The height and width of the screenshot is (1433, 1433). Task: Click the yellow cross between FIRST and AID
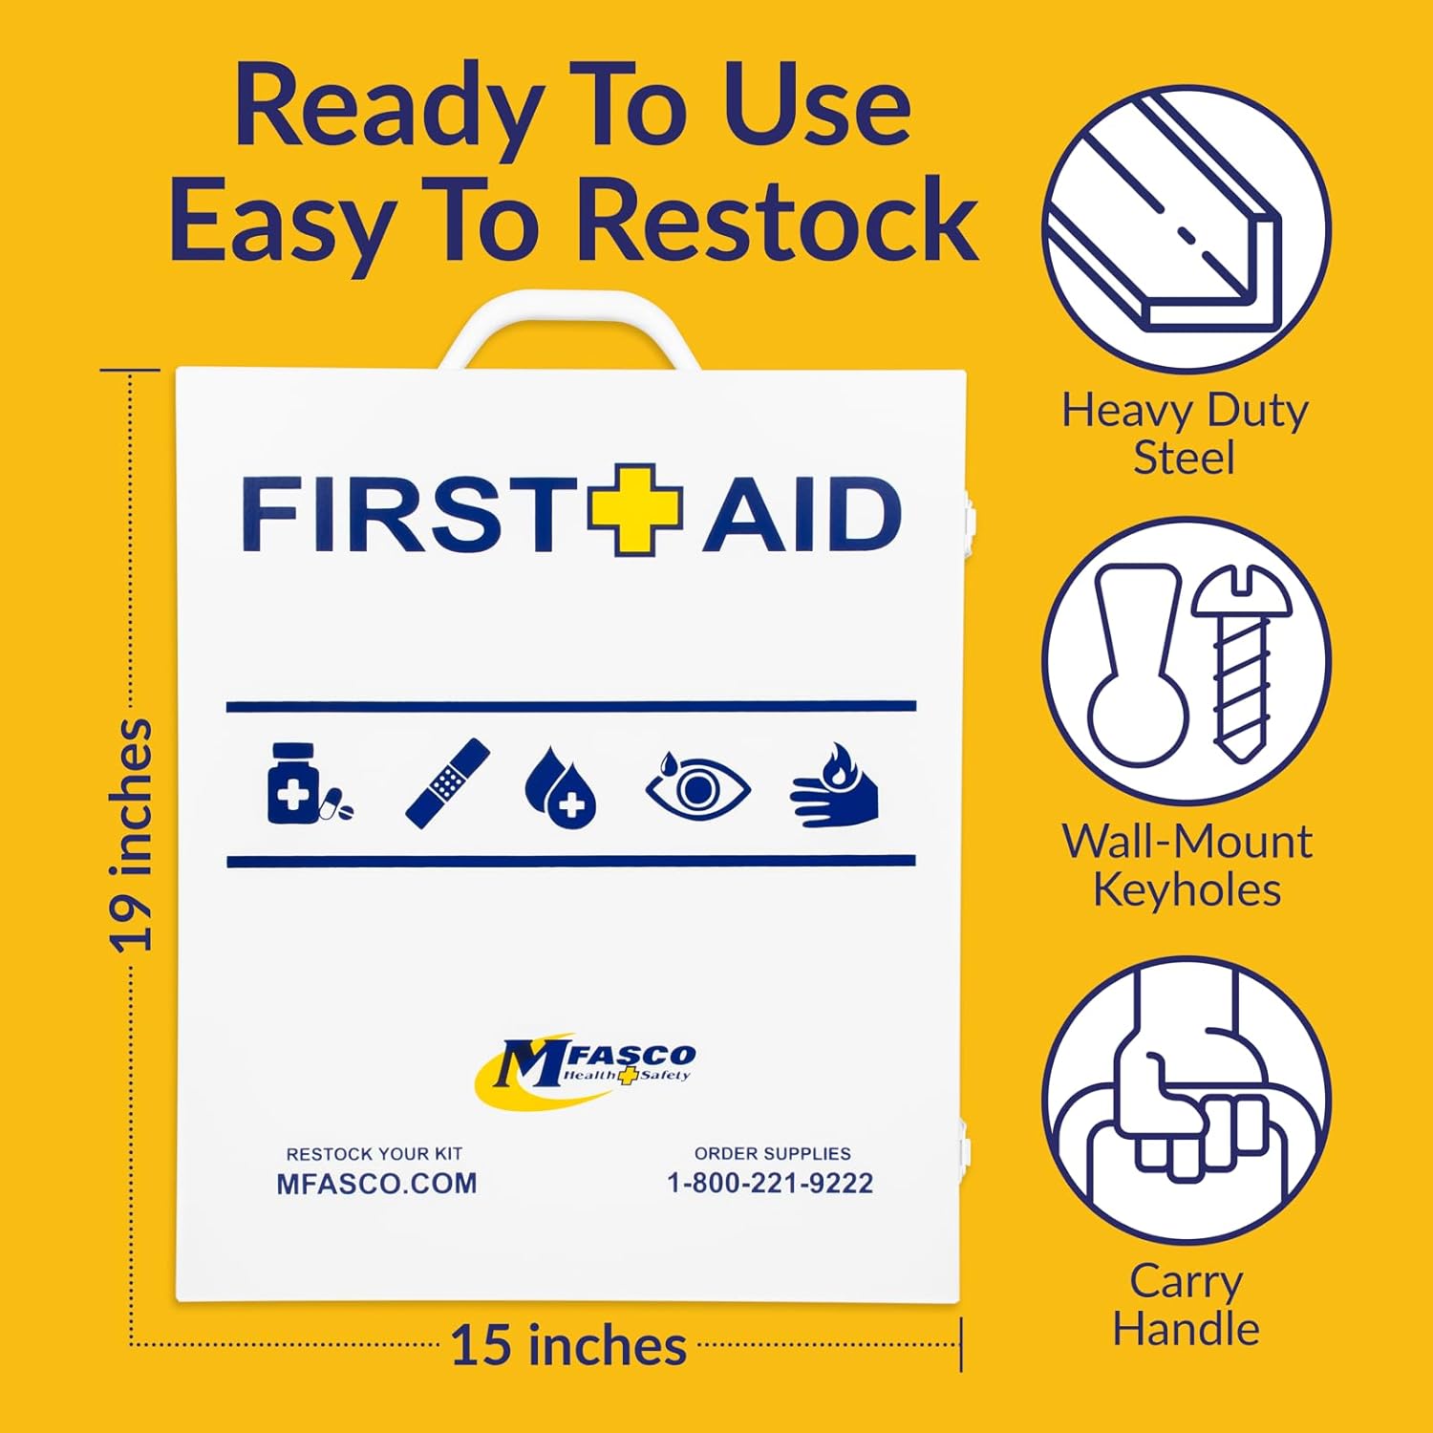click(634, 510)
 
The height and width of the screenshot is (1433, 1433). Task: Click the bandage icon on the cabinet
click(447, 783)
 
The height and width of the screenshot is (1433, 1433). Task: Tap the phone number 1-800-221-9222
click(770, 1183)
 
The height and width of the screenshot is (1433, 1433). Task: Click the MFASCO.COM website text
click(376, 1184)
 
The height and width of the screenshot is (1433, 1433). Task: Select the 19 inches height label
click(131, 836)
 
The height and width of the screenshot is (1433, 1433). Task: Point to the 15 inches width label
click(568, 1346)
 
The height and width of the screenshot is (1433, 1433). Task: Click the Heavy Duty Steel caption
click(1185, 433)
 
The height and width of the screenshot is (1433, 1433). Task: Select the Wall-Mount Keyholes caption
click(1187, 866)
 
